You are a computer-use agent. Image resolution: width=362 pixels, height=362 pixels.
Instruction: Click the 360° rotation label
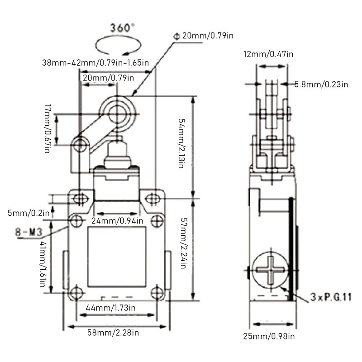122,28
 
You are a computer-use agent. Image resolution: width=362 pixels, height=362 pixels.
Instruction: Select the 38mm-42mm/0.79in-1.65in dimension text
95,62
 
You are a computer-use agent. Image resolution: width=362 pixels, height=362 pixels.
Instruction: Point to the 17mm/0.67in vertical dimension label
48,129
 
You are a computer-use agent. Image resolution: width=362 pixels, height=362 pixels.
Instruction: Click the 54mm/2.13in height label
182,143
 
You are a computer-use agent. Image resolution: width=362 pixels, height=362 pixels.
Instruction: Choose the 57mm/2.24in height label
183,243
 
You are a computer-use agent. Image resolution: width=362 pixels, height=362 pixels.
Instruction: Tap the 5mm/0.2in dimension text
29,213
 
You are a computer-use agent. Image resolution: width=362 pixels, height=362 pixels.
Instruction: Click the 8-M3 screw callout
29,232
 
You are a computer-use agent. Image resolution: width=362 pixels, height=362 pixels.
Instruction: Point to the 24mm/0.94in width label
117,221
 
